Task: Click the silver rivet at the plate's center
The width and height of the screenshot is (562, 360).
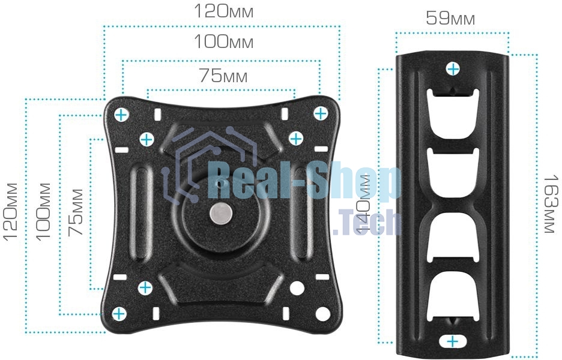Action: [221, 214]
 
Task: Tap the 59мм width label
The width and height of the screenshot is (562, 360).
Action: [450, 18]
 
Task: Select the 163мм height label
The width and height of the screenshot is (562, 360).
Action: [551, 204]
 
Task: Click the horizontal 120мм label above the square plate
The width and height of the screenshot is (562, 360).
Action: [223, 11]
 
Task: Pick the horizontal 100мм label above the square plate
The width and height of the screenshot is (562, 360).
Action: [223, 41]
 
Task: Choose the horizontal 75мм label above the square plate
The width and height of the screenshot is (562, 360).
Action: [223, 76]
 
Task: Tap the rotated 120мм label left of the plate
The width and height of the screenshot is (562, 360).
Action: [10, 211]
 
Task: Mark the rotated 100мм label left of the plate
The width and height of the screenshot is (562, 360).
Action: [43, 211]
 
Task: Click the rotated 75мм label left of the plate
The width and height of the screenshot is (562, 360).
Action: [76, 212]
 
